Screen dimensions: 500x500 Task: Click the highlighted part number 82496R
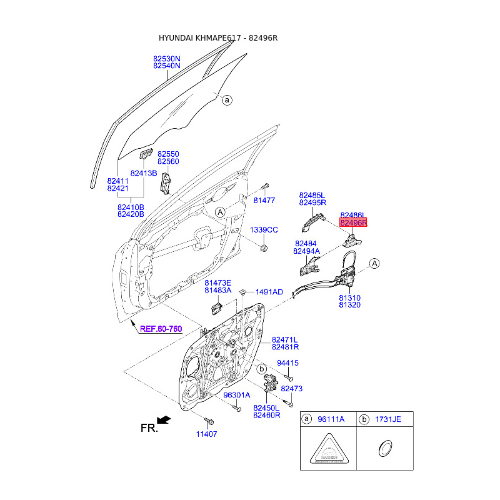click(x=354, y=222)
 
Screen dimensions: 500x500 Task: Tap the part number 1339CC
click(x=264, y=230)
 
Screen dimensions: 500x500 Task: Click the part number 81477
click(x=264, y=200)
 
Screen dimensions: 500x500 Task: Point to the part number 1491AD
click(x=269, y=292)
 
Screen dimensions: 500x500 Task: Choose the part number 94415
click(x=288, y=363)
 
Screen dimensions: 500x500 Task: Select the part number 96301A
click(x=236, y=395)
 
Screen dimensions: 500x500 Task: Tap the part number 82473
click(x=292, y=389)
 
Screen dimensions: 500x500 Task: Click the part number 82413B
click(x=144, y=172)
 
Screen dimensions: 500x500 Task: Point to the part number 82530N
click(x=167, y=58)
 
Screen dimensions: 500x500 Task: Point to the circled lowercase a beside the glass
click(x=227, y=100)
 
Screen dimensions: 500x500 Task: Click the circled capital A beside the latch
click(x=374, y=264)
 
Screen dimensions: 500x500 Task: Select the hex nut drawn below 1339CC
click(x=264, y=249)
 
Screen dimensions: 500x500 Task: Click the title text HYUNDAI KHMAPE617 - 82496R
click(x=218, y=38)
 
